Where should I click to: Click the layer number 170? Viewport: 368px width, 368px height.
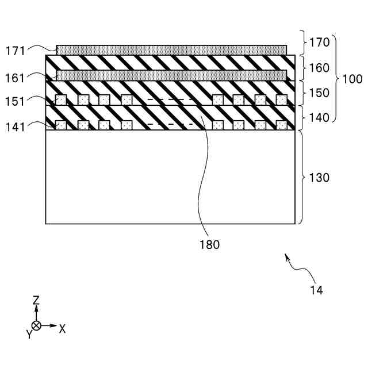click(320, 42)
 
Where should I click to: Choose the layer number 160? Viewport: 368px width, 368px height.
click(320, 68)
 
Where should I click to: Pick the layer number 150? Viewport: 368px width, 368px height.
click(320, 93)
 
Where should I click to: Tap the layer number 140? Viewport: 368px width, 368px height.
click(320, 118)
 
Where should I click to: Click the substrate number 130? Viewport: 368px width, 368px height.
click(320, 178)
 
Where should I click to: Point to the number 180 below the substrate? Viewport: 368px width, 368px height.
click(210, 244)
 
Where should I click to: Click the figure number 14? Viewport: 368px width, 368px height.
click(316, 290)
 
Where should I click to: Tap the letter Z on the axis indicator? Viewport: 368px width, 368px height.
click(36, 300)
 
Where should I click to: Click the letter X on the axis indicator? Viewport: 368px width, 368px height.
click(62, 329)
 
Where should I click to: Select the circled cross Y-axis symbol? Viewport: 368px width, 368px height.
click(36, 325)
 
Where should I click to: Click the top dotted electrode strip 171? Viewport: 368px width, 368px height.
click(171, 49)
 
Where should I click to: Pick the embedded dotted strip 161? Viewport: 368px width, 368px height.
click(171, 75)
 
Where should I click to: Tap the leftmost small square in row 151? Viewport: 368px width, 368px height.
click(60, 99)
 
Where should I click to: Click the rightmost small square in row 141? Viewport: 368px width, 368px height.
click(281, 125)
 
